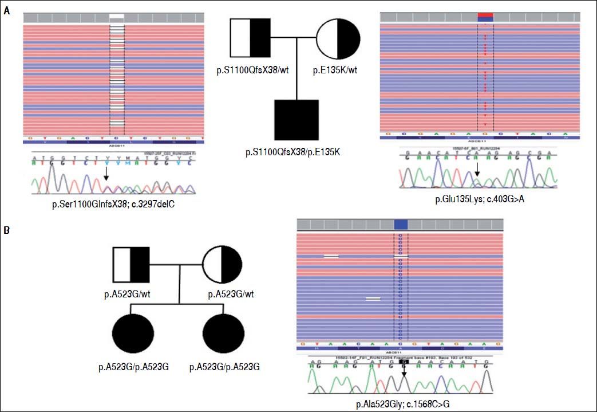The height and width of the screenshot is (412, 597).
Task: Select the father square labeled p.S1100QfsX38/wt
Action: click(250, 39)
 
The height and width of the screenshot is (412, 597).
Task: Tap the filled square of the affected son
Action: click(296, 122)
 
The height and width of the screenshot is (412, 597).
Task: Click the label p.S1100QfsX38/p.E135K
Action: click(296, 152)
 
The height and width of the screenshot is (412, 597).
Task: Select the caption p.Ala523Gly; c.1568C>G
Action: click(401, 404)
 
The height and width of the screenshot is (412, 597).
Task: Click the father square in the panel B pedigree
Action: click(131, 265)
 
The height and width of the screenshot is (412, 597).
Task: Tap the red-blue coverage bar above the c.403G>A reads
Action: click(484, 17)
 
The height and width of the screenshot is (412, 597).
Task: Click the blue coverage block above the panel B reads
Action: click(401, 224)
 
